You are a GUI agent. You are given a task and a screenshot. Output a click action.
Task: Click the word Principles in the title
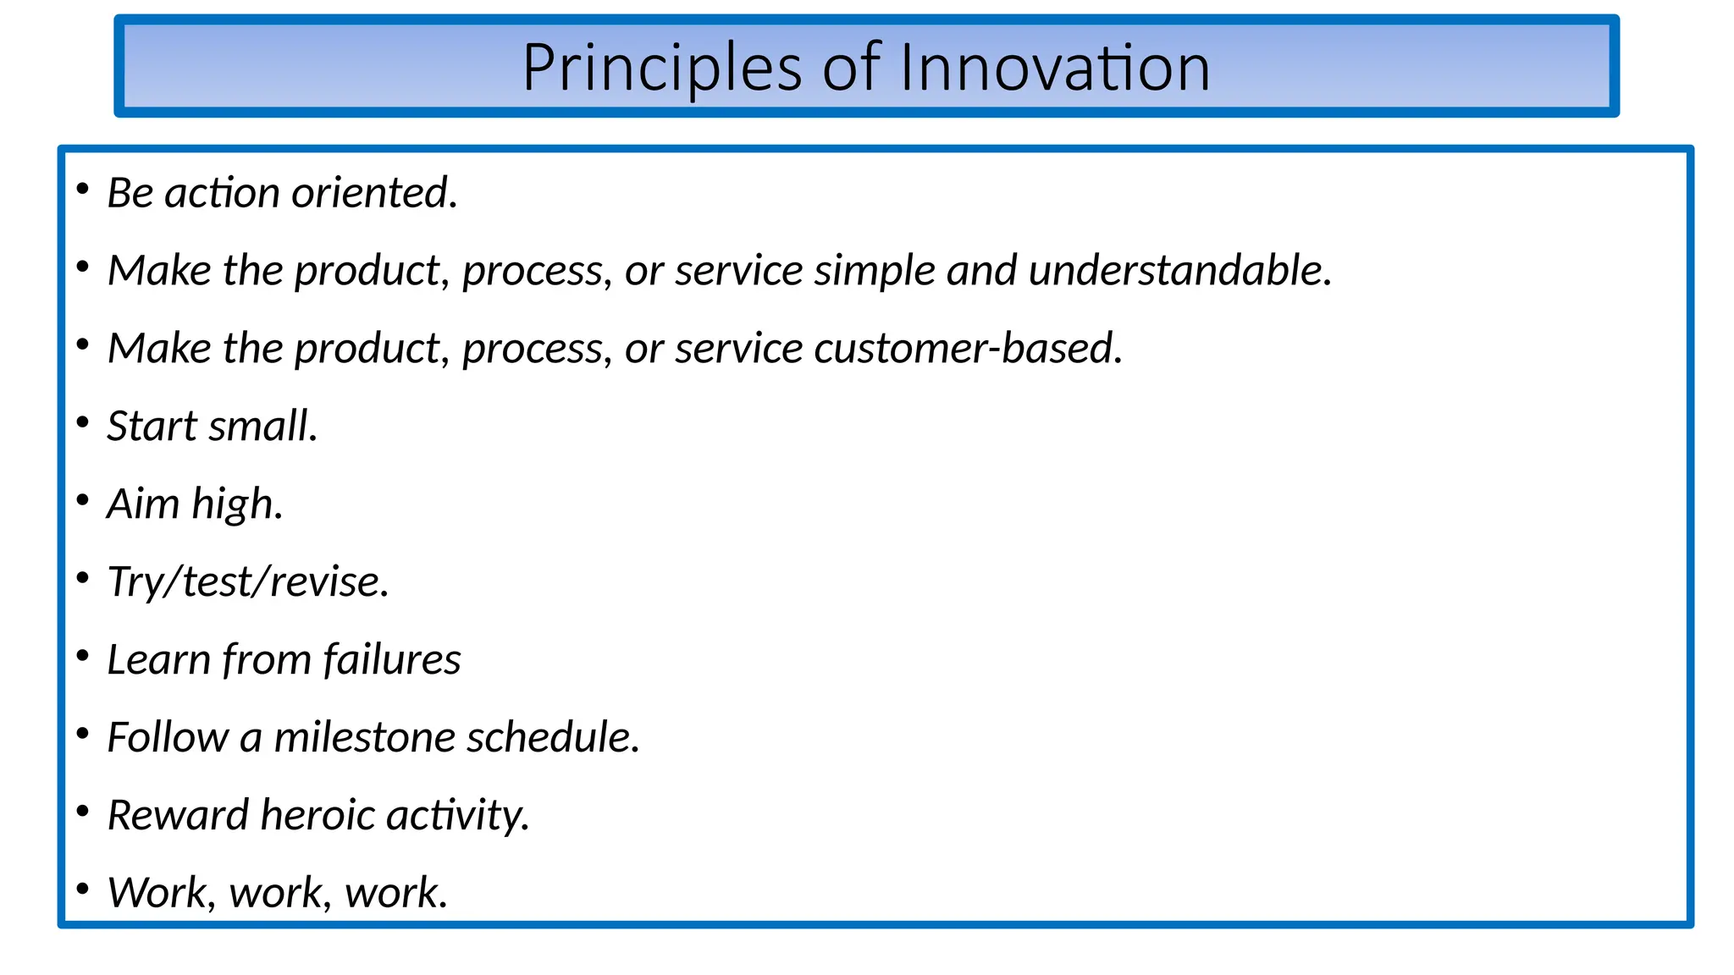coord(661,68)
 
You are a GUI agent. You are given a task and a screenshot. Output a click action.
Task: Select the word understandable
coord(1179,271)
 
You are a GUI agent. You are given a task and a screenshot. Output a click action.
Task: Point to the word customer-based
coord(968,349)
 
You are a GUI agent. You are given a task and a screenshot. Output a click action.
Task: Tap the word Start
coord(152,426)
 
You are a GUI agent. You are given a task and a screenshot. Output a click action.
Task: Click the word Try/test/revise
coord(247,582)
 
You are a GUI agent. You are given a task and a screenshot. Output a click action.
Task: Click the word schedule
coord(552,737)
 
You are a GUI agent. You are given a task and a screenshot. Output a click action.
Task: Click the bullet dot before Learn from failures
coord(82,656)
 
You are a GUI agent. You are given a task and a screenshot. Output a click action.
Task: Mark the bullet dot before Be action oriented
coord(82,190)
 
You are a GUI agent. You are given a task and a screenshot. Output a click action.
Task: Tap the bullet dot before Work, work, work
coord(82,889)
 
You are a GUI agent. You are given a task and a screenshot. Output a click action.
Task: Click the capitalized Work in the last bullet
coord(161,893)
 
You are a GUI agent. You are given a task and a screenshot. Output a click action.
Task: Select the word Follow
coord(168,737)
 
